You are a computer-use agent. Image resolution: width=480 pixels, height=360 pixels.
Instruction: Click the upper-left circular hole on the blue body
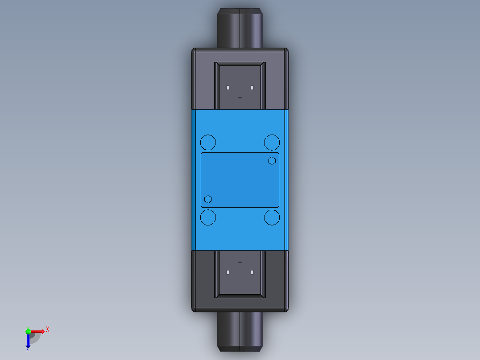click(208, 143)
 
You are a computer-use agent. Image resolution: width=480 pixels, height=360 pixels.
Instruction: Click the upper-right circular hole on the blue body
click(272, 143)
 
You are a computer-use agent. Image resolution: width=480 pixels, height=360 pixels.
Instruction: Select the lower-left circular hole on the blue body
click(208, 218)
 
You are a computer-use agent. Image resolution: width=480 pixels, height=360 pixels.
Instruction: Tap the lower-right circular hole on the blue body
click(272, 218)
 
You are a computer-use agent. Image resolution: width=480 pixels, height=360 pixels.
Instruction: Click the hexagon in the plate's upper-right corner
click(272, 160)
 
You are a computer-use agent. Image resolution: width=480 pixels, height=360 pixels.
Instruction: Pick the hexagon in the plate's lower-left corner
click(207, 199)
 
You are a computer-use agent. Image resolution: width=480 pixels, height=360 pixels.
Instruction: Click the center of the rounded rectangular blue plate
click(240, 180)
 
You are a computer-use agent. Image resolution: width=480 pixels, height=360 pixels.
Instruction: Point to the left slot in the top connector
click(228, 87)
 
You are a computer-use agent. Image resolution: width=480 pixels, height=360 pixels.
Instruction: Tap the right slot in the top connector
click(252, 87)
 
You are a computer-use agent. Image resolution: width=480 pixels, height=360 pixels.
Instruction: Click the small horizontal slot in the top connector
click(240, 98)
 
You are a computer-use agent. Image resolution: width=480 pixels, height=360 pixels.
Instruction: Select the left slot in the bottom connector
click(228, 272)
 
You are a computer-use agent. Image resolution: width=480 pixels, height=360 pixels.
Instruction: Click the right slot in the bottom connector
click(252, 272)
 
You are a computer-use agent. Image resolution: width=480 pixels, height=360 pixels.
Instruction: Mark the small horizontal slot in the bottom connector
click(240, 262)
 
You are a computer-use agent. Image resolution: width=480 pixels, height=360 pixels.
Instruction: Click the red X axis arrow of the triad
click(39, 331)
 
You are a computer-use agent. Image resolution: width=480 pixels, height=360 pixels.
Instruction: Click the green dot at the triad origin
click(28, 331)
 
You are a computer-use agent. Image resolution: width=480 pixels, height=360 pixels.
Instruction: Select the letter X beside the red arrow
click(48, 329)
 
